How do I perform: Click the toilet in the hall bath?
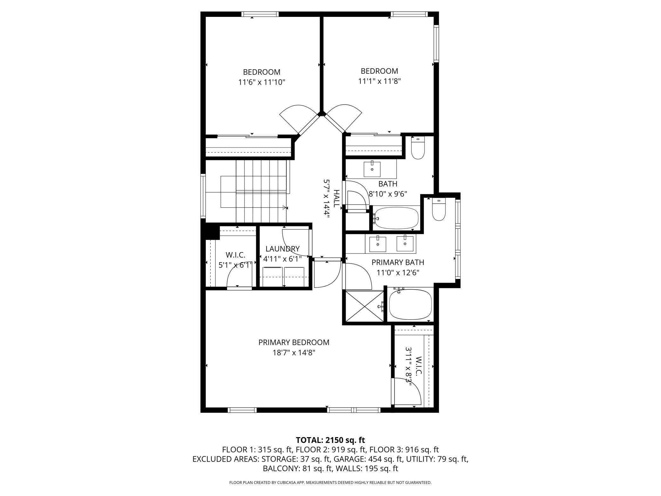418,148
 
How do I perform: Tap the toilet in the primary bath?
439,210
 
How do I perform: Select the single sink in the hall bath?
372,169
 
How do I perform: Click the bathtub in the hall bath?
395,218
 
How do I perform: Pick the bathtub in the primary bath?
410,305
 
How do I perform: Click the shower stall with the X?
365,306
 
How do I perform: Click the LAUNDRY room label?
283,249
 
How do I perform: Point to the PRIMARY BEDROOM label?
294,342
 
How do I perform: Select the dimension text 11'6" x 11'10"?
262,82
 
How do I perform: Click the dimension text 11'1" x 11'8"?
379,81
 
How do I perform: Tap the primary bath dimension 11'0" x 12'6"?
398,272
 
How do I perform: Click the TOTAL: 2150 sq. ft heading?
330,440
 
